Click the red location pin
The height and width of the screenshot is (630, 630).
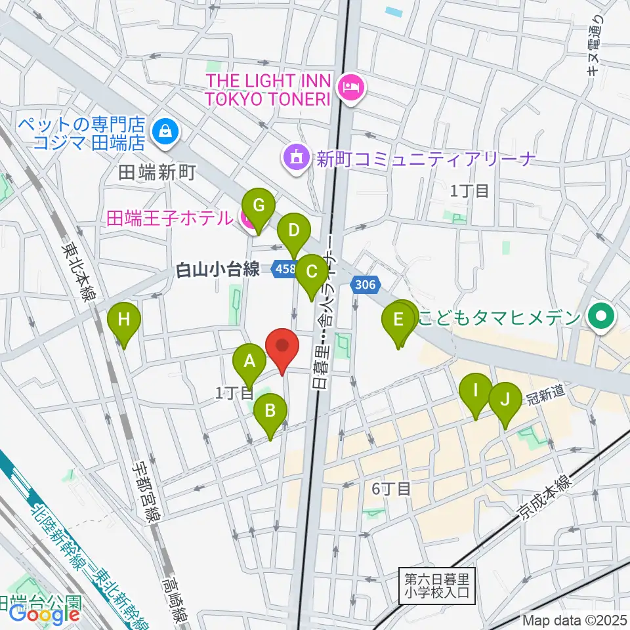pos(282,348)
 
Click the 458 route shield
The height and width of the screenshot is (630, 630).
pos(285,269)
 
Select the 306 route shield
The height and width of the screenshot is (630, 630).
pos(366,284)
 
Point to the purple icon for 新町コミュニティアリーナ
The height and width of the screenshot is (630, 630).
pos(295,157)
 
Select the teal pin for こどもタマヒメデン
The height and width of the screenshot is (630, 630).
pos(600,318)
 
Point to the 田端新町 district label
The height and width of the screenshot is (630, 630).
pos(157,173)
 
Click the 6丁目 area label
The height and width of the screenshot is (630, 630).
pos(391,488)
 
